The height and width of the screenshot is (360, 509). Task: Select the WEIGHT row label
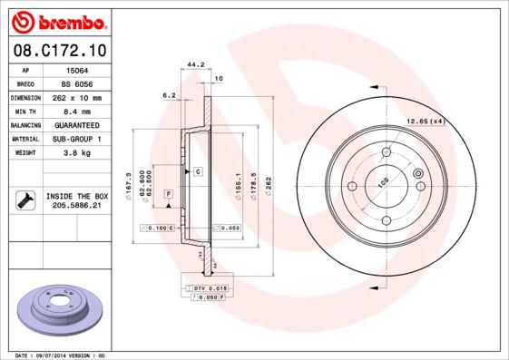coord(26,152)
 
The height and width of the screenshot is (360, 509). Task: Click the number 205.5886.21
coord(78,206)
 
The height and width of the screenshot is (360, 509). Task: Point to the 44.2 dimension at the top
coord(192,63)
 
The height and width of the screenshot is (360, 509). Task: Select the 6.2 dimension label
coord(168,94)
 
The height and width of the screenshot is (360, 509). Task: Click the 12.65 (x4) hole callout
coord(425,121)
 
